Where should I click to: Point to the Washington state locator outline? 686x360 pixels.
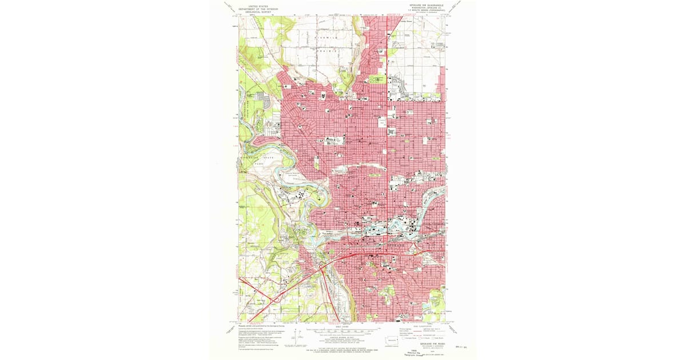[391, 342]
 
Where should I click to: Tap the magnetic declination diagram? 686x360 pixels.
[295, 337]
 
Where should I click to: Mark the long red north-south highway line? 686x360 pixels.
[388, 114]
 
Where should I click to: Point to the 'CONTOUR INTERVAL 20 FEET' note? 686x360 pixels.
[343, 337]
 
